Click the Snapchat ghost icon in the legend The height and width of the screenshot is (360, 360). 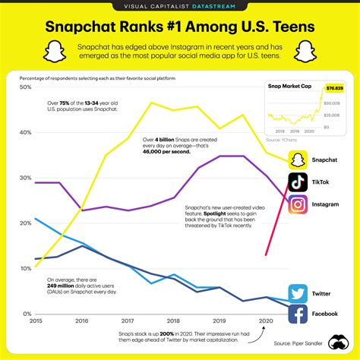[x=298, y=159]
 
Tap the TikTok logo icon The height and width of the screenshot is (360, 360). [x=298, y=182]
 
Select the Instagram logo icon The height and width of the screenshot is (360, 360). [x=298, y=204]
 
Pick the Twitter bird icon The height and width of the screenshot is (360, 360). [x=298, y=293]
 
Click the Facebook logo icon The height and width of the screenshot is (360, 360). [x=298, y=314]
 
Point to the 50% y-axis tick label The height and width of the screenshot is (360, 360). [x=25, y=87]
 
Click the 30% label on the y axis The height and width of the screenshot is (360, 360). [x=25, y=178]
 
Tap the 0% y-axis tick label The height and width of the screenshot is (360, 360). [x=27, y=313]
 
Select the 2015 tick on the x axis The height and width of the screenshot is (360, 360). [x=35, y=321]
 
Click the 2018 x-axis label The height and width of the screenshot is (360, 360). [x=173, y=321]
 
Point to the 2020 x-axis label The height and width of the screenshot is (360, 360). [x=265, y=321]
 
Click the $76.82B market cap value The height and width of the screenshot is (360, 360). [x=333, y=88]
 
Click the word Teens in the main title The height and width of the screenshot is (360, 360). [x=289, y=27]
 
